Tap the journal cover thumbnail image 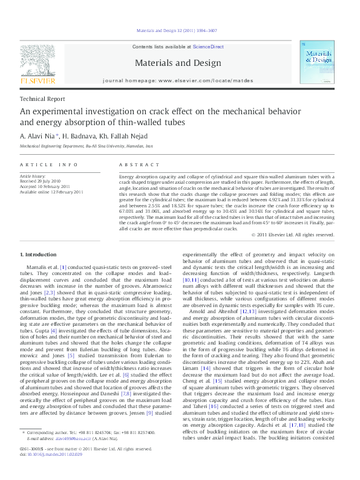316,66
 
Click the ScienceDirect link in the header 208,47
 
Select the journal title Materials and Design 177,63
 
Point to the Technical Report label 42,99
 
